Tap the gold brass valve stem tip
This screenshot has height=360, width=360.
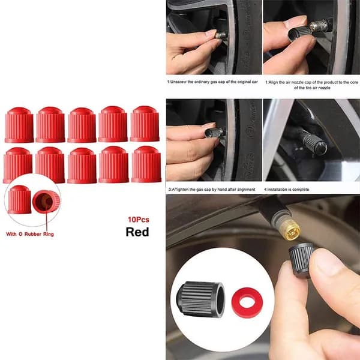click(x=290, y=230)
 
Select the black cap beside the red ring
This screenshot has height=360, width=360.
click(x=200, y=299)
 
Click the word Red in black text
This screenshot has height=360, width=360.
click(x=137, y=232)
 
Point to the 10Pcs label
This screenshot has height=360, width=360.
click(x=138, y=220)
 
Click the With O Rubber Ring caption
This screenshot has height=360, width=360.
click(x=30, y=234)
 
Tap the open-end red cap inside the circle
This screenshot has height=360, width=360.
click(x=46, y=202)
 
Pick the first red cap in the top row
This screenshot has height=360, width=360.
click(x=19, y=125)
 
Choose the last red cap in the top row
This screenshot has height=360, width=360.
click(x=145, y=124)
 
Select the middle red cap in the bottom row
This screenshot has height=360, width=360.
click(x=82, y=166)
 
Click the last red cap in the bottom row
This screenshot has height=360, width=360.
click(x=146, y=164)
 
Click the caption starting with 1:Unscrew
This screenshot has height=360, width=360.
click(x=212, y=82)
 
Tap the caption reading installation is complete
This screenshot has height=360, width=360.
click(x=286, y=190)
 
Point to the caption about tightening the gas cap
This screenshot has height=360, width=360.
click(x=212, y=190)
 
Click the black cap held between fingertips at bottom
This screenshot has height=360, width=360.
click(x=301, y=260)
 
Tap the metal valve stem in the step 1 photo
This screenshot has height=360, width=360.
click(x=221, y=35)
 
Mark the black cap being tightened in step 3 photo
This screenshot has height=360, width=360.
click(x=215, y=132)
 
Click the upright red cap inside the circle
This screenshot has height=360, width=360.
click(x=20, y=200)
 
